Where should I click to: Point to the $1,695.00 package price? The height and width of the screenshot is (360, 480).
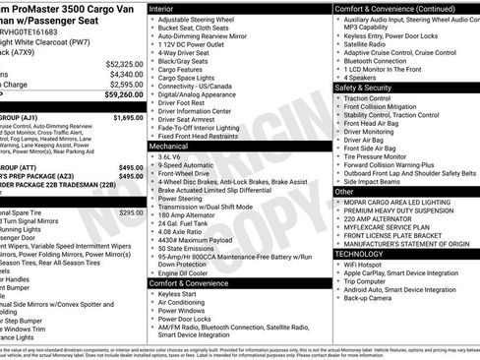click(x=127, y=117)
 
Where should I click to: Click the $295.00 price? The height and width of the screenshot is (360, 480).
click(x=131, y=212)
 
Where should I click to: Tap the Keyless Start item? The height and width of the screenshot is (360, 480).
click(x=177, y=293)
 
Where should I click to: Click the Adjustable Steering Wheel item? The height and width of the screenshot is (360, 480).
click(x=202, y=20)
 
